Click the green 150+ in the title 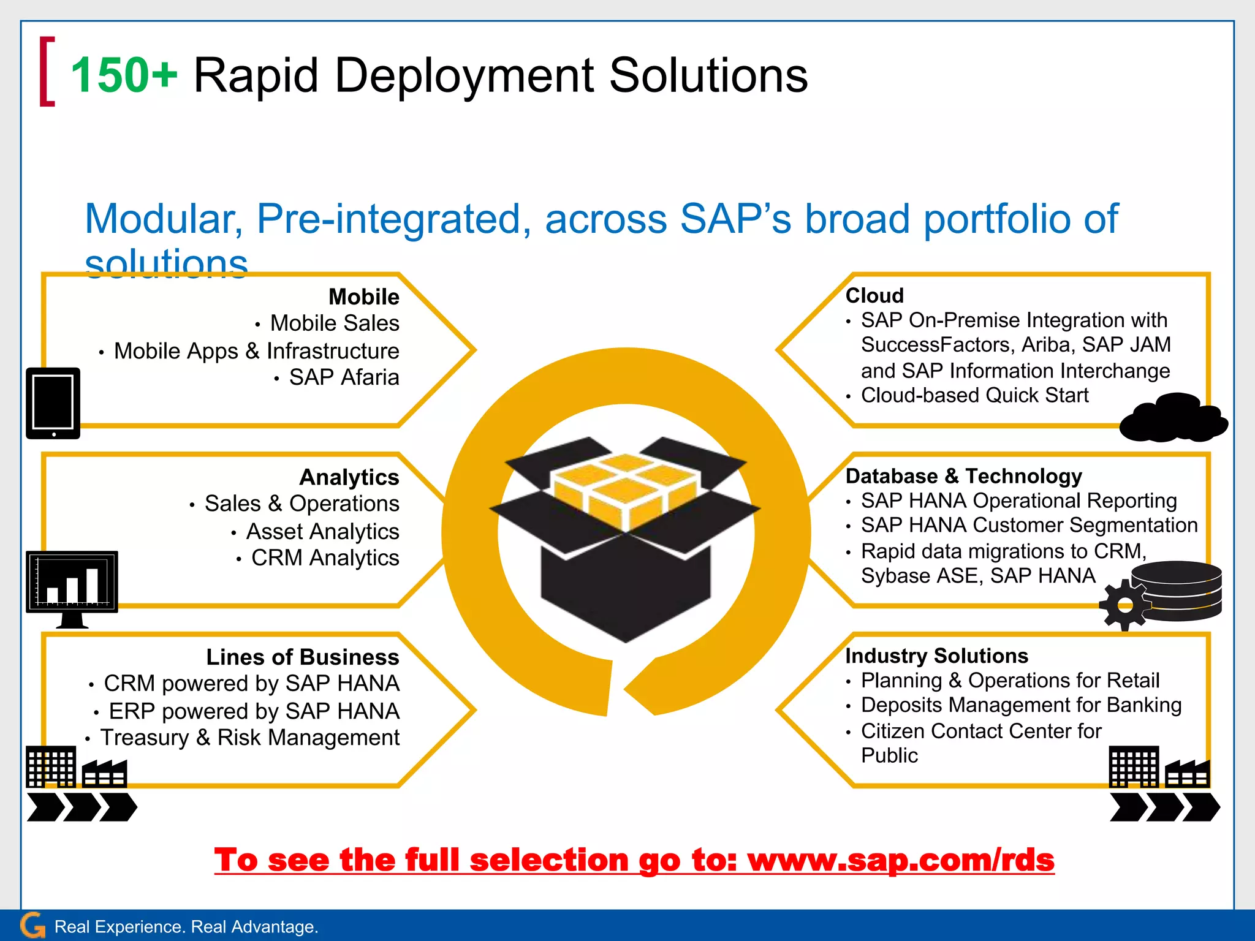124,75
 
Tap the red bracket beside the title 47,72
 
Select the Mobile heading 363,297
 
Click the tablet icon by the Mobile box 53,403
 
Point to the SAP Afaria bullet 344,377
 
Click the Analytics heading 349,477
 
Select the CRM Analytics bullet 325,558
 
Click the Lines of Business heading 302,657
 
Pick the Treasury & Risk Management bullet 249,738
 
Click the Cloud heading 874,295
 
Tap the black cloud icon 1172,418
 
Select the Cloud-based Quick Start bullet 974,396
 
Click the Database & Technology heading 963,476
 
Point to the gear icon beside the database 1125,605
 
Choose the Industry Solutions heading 936,656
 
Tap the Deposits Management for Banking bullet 1021,705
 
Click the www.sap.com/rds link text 901,860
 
